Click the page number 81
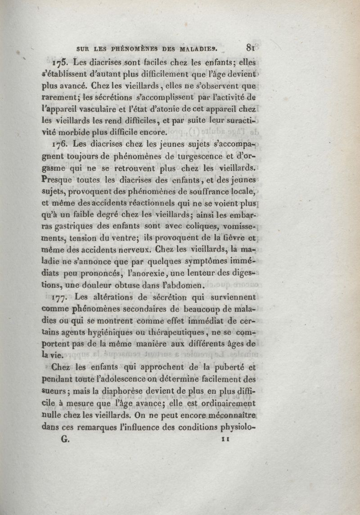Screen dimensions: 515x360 [251, 46]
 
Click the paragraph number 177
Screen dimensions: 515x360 [62, 297]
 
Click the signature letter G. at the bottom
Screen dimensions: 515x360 [64, 438]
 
